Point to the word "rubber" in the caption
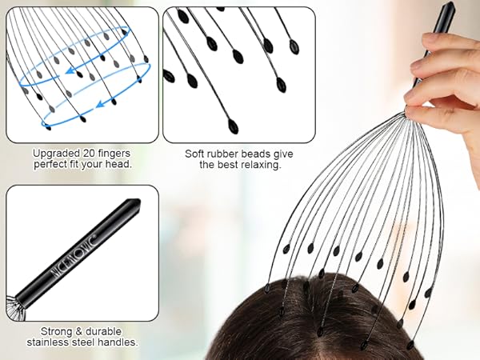tap(226, 152)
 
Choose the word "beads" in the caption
tap(259, 152)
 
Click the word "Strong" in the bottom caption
tap(55, 330)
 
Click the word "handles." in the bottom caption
tap(118, 342)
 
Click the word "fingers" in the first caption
tap(114, 152)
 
